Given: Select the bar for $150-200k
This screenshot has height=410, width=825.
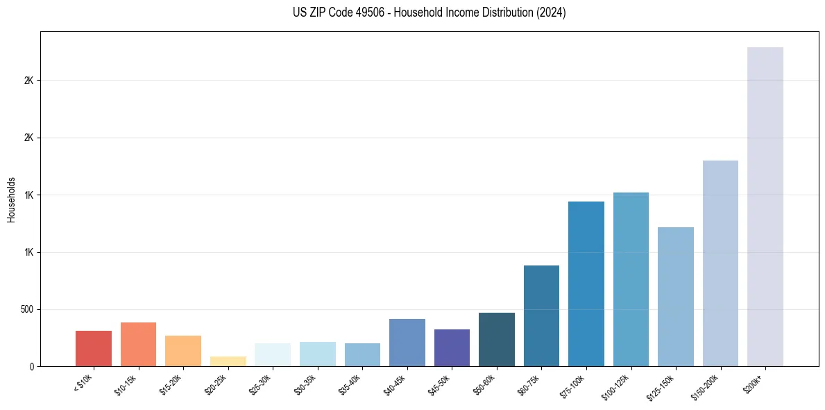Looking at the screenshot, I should coord(720,263).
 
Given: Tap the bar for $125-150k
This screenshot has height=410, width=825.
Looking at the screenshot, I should coord(675,297).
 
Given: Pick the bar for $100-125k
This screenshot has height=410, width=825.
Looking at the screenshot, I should coord(631,279).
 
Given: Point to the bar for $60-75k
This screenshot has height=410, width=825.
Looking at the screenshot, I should coord(541,315).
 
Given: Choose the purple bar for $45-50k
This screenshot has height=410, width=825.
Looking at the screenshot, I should coord(452,347).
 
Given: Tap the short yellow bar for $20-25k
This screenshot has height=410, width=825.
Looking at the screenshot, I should coord(228,361).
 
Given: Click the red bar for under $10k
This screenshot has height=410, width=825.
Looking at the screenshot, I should coord(94,348).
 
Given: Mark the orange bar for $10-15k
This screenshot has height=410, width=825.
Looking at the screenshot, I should coord(138,344).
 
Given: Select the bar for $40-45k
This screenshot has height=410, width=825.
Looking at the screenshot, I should coord(407,343).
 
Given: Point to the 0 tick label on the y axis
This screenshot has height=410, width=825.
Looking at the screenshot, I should coord(31,366).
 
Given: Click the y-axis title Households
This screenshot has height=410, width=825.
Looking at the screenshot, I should coord(11,199).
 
